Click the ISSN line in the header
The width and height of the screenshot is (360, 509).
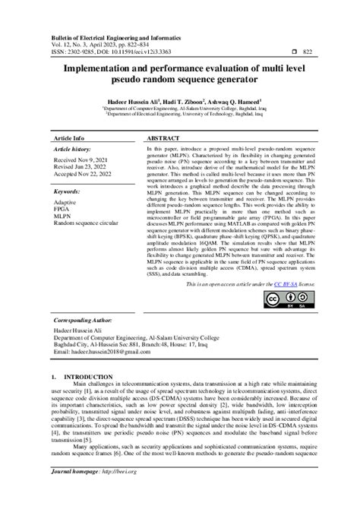tap(121, 51)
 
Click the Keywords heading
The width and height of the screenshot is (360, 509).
tap(72, 192)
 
